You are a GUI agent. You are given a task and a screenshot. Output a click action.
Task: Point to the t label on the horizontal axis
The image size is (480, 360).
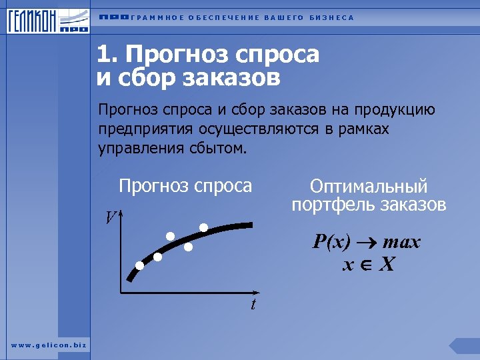pos(253,305)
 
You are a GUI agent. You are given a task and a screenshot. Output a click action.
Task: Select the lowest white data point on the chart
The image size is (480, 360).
pos(139,265)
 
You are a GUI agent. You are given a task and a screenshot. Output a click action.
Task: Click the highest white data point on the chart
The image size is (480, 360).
pos(203,227)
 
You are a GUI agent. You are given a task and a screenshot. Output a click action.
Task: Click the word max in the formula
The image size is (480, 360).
pos(402,242)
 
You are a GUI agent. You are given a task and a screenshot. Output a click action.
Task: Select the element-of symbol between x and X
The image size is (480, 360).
pos(365,265)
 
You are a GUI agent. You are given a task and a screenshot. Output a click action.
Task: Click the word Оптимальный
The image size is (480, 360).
pos(369,187)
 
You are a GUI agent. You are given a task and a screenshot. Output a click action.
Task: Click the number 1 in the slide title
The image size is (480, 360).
pos(103,54)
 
